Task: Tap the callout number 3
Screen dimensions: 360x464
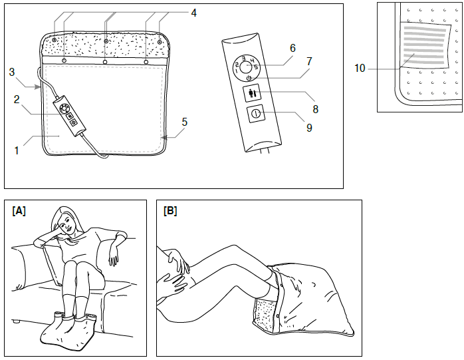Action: pos(11,71)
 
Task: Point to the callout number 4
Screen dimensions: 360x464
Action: pos(193,12)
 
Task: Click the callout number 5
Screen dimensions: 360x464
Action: pos(185,122)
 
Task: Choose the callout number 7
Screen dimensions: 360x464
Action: pos(310,78)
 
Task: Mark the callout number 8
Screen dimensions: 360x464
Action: pos(315,108)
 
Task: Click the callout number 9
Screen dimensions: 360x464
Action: pos(309,127)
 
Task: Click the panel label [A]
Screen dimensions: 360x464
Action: pos(19,211)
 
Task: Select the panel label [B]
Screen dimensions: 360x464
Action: pos(170,211)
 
